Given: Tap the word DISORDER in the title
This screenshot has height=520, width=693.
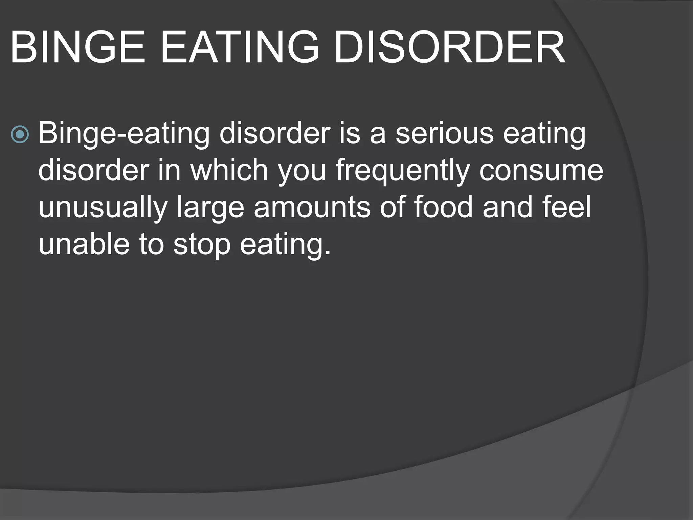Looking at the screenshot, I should (x=449, y=48).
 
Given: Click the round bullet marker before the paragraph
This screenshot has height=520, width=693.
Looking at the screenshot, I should (x=20, y=135).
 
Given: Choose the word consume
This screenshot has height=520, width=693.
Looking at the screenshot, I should (x=541, y=171).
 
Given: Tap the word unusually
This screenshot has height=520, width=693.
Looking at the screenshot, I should (x=103, y=208).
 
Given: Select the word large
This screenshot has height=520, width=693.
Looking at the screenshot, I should (x=210, y=208).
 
